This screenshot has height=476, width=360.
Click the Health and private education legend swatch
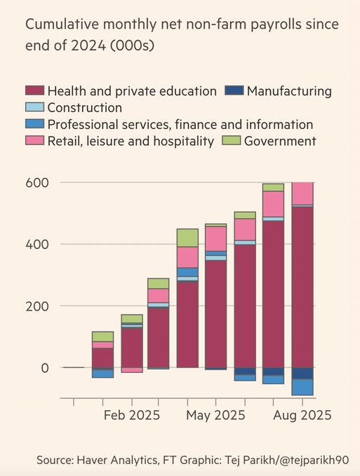(35, 91)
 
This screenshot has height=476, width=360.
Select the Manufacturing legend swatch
(234, 91)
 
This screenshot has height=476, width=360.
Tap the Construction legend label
(84, 108)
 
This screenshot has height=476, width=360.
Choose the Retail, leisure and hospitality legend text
(131, 142)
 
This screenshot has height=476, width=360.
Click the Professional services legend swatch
(35, 125)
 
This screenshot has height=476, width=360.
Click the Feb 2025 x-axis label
(131, 415)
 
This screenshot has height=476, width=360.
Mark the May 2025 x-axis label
(215, 415)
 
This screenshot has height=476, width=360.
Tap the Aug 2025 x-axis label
(301, 415)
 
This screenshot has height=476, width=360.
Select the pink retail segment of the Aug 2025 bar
(302, 193)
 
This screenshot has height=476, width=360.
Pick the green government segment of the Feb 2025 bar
(131, 319)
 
